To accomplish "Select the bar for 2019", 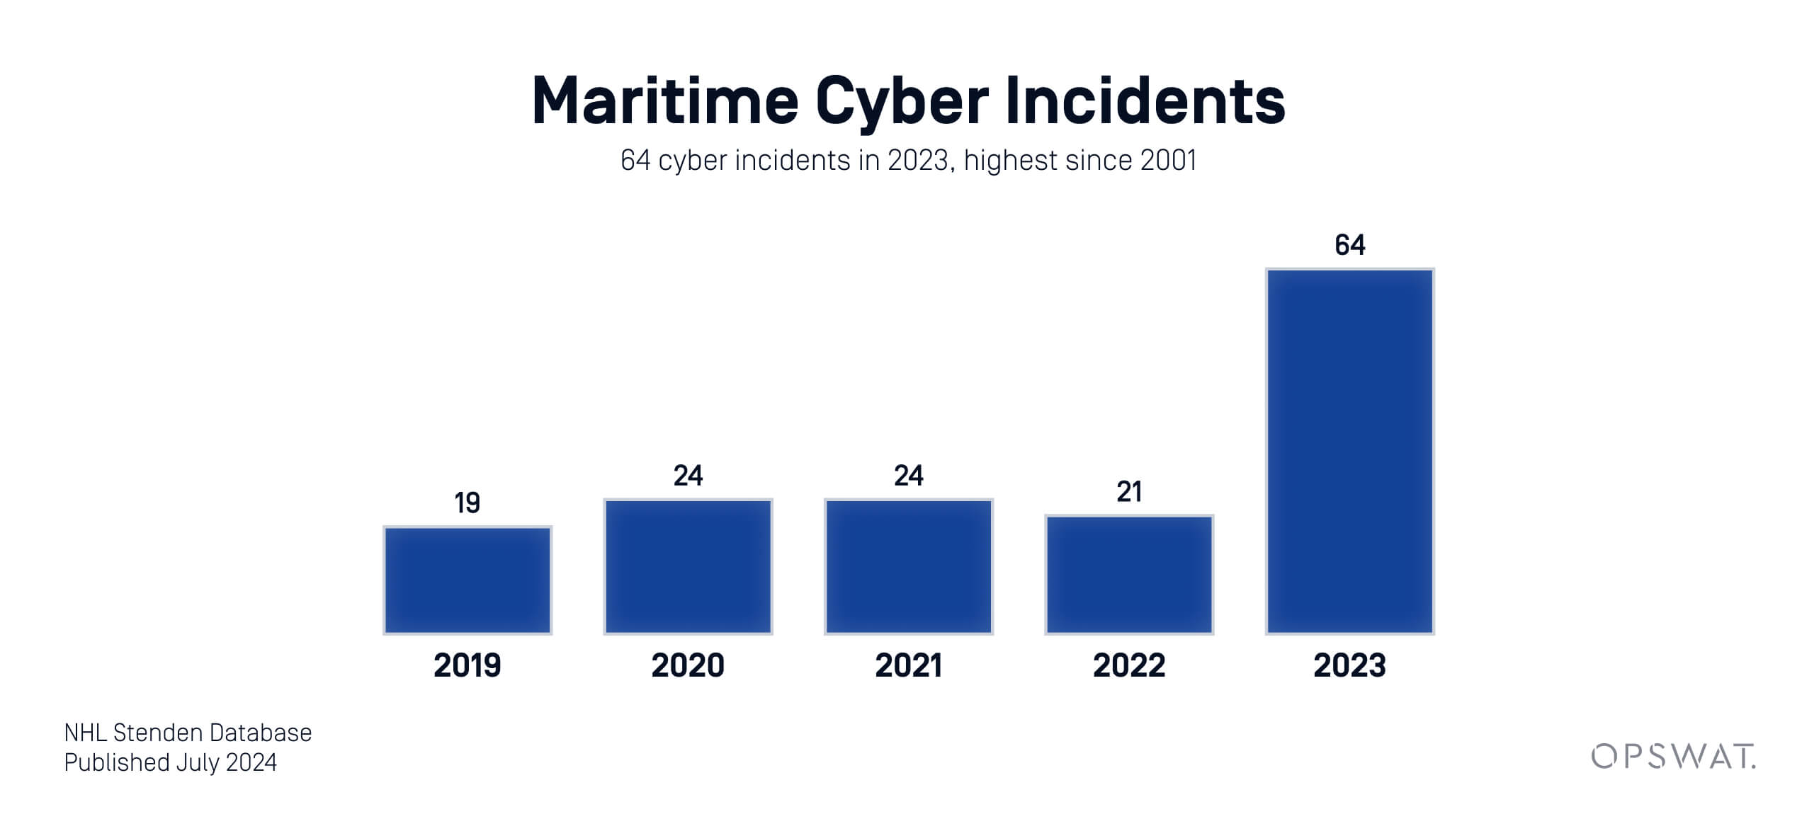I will tap(467, 580).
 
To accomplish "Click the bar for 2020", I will tap(688, 566).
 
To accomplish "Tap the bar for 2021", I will tap(909, 566).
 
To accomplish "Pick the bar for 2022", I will tap(1129, 575).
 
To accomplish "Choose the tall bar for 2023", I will tap(1350, 452).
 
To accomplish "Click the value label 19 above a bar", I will tap(467, 503).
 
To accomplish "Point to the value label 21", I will tap(1129, 492).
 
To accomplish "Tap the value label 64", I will tap(1350, 245).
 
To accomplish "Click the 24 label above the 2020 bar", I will tap(688, 476).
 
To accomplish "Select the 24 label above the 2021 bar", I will tap(909, 476).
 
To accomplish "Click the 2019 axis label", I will tap(467, 665).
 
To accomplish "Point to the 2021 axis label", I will tap(909, 665).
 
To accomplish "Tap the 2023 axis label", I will tap(1350, 665).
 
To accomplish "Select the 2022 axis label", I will tap(1129, 665).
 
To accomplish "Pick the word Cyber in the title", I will tap(902, 101).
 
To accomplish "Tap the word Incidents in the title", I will tap(1145, 101).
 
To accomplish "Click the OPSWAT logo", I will tap(1673, 757).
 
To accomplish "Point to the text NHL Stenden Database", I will tap(188, 733).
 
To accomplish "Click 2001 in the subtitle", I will tap(1169, 161).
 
